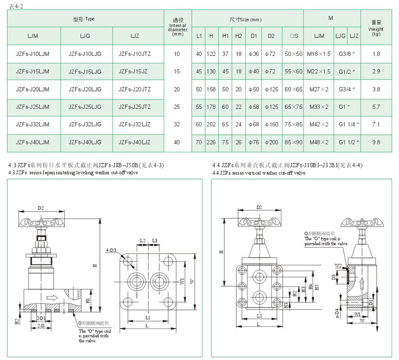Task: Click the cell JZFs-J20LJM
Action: [x=33, y=89]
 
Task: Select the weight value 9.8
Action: [x=376, y=142]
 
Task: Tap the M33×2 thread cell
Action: [x=319, y=107]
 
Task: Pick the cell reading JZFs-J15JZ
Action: [x=133, y=71]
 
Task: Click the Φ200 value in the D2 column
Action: [x=271, y=142]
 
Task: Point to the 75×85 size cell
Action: [x=294, y=124]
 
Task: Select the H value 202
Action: [x=211, y=124]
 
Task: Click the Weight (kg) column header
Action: [x=376, y=28]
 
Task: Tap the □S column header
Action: [x=294, y=36]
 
